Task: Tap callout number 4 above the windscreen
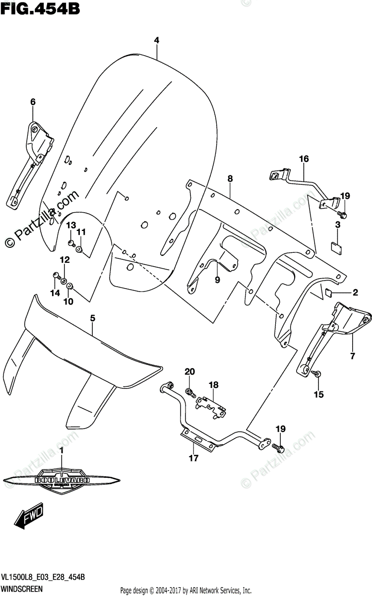[x=156, y=40]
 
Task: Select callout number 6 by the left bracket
[x=33, y=102]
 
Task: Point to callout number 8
[x=230, y=178]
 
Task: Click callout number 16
[x=304, y=159]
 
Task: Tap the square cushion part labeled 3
[x=337, y=245]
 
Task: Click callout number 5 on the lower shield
[x=92, y=317]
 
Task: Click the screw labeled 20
[x=190, y=392]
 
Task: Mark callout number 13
[x=71, y=225]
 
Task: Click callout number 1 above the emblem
[x=62, y=450]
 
